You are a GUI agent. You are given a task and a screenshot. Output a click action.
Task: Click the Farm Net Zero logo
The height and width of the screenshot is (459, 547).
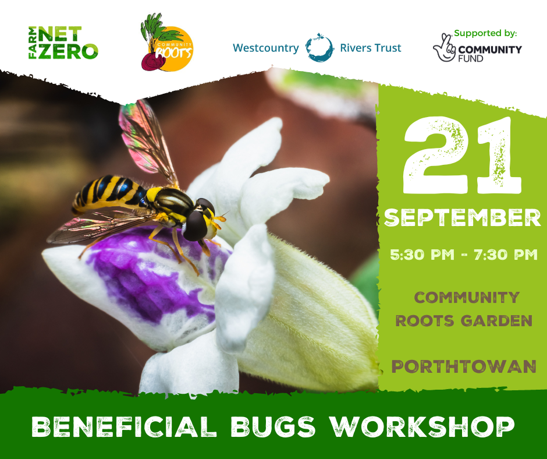[x=63, y=43]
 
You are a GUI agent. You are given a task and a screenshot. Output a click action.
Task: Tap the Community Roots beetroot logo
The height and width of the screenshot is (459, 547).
[x=167, y=43]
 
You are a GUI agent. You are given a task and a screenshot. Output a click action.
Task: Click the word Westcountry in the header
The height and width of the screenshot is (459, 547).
[x=266, y=48]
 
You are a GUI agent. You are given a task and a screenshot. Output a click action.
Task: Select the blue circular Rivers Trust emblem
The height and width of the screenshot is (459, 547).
[x=319, y=48]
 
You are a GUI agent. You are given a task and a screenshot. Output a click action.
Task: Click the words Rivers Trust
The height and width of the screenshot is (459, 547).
[x=371, y=48]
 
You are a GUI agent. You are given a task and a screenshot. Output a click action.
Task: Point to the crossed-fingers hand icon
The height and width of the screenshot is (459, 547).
[x=445, y=48]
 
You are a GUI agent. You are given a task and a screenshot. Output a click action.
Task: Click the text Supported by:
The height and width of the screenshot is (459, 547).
[x=485, y=33]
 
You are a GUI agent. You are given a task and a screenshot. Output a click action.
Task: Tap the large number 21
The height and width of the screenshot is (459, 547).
[x=462, y=155]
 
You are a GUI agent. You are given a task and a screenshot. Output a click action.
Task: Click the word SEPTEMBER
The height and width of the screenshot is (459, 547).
[x=462, y=218]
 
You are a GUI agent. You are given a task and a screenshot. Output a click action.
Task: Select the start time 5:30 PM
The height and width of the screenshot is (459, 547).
[x=422, y=255]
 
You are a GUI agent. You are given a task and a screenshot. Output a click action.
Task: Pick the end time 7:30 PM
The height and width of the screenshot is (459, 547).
[x=506, y=255]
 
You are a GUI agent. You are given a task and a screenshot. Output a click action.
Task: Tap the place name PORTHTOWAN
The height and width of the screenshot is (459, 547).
[x=464, y=366]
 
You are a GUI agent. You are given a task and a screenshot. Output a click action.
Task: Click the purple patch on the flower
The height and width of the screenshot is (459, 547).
[x=154, y=273]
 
